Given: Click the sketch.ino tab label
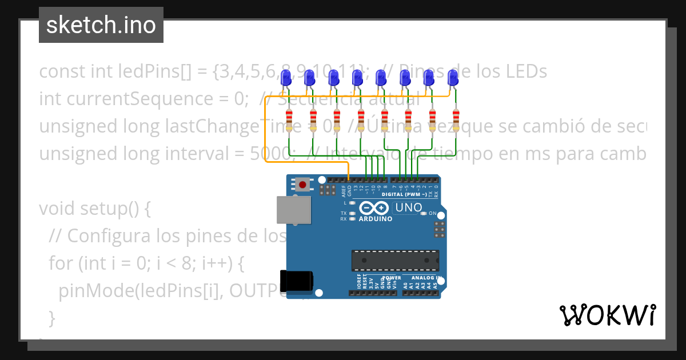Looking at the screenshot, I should click(x=101, y=25).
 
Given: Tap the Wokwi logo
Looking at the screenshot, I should click(x=607, y=315).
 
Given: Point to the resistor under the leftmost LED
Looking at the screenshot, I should click(x=289, y=119).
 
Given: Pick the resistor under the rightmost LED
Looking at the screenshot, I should click(x=456, y=119).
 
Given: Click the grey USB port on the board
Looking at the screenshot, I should click(x=294, y=210).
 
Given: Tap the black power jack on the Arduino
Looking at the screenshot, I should click(x=297, y=280).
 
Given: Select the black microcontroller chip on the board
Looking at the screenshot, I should click(x=395, y=260).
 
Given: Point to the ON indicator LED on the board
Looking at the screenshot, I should click(x=424, y=213).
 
